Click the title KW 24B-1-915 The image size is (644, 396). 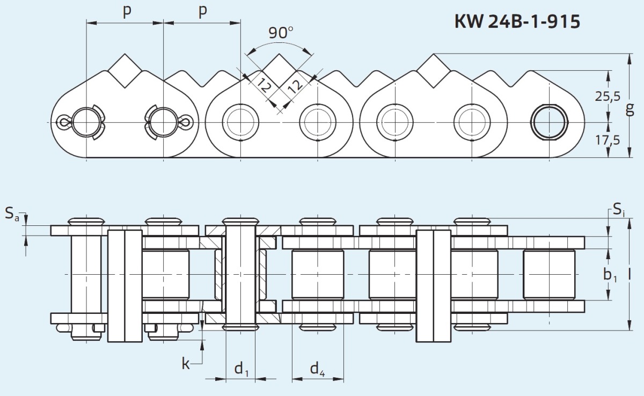[x=517, y=21]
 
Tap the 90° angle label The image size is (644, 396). [x=281, y=33]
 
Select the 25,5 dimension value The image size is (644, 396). [x=608, y=96]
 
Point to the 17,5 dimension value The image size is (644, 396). [x=607, y=140]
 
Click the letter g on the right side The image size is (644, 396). [x=630, y=109]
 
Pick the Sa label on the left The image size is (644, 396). [x=12, y=214]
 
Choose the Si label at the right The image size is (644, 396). [x=619, y=210]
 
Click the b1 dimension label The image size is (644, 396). [x=610, y=275]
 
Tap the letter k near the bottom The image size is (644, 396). [x=186, y=363]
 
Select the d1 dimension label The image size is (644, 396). [x=241, y=369]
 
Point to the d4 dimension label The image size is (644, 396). [x=317, y=369]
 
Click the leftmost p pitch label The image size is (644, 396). [x=127, y=11]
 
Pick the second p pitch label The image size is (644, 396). [x=203, y=11]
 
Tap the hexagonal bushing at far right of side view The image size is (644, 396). [x=550, y=122]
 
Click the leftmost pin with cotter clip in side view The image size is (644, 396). [x=86, y=122]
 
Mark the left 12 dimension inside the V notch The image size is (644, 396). [x=264, y=85]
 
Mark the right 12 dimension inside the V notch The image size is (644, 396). [x=295, y=85]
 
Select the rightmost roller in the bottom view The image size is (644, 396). [x=549, y=275]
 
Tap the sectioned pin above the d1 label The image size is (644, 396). [x=240, y=275]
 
